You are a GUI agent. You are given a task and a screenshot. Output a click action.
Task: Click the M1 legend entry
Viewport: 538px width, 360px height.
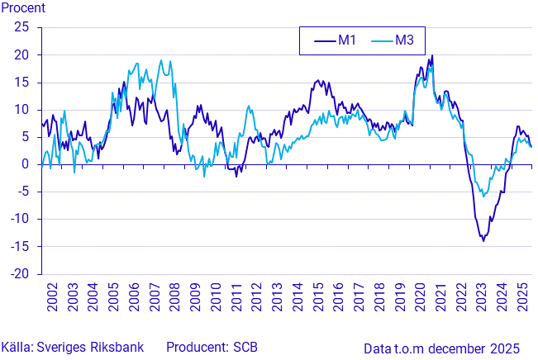click(336, 40)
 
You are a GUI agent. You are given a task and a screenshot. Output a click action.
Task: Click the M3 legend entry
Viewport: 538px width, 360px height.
click(393, 40)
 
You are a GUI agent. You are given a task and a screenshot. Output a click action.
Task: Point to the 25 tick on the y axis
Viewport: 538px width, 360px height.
click(22, 27)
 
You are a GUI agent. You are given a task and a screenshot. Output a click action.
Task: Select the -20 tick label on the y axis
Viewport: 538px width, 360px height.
click(20, 274)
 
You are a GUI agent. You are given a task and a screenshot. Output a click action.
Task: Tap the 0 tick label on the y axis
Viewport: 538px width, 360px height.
click(26, 164)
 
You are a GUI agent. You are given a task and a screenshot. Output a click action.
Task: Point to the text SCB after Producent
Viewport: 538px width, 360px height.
click(245, 347)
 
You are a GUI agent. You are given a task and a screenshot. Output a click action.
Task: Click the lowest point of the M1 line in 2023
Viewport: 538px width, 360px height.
click(483, 240)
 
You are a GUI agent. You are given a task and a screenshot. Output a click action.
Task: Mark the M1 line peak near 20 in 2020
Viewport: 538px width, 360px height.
click(432, 56)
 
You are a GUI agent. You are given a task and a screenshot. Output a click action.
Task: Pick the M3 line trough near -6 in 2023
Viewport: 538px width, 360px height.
click(483, 196)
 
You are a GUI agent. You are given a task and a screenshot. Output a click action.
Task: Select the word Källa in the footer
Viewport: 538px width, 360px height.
click(16, 347)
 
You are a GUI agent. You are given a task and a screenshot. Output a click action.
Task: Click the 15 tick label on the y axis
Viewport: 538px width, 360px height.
click(22, 82)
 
